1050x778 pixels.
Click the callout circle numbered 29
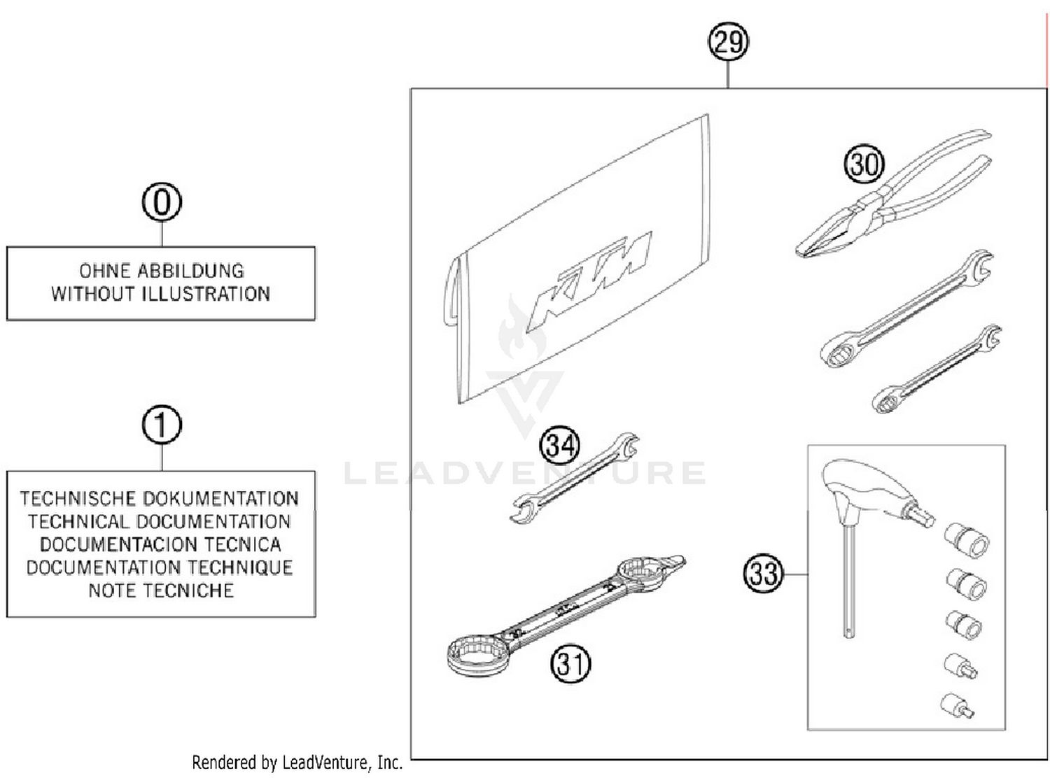(x=728, y=42)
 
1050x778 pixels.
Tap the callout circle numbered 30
(x=864, y=164)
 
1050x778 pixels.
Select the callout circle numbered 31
(x=570, y=663)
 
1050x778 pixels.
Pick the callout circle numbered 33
(x=763, y=574)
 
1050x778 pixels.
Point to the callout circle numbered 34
(x=560, y=445)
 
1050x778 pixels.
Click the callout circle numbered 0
(x=162, y=203)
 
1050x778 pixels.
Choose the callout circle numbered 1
(x=162, y=425)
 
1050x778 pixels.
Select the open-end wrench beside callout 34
(x=574, y=479)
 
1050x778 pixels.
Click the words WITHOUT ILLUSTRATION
(x=160, y=294)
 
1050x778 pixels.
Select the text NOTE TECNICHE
(x=161, y=590)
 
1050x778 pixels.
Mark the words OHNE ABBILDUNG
(x=161, y=271)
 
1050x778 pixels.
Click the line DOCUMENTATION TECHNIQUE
(x=160, y=567)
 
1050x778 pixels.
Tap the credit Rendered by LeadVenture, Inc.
(x=297, y=762)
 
